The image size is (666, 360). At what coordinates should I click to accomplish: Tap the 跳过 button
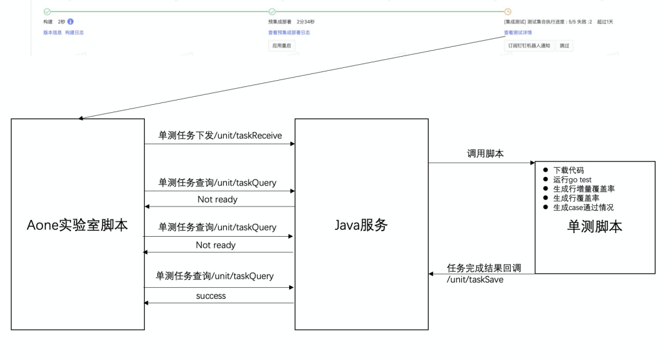(x=564, y=46)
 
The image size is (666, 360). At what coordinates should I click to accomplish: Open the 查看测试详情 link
(x=518, y=32)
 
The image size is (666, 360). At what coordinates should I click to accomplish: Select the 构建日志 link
(x=75, y=32)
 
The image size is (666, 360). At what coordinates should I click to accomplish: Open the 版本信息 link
(x=52, y=32)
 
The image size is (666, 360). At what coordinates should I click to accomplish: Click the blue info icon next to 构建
(x=70, y=22)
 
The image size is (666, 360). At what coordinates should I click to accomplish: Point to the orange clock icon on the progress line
(x=508, y=12)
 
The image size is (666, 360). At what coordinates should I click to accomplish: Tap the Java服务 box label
(x=360, y=225)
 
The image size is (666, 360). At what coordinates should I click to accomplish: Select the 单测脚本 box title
(x=594, y=226)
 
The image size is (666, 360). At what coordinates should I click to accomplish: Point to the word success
(x=211, y=296)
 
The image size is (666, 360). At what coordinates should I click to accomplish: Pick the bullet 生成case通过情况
(x=583, y=208)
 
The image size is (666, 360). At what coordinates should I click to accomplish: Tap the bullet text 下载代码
(x=568, y=170)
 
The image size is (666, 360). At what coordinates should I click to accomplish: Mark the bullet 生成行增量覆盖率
(x=583, y=189)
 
